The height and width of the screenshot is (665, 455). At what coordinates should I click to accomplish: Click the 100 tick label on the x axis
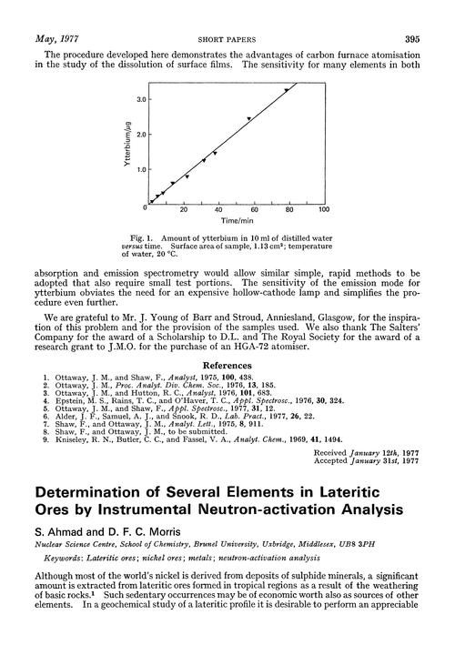coord(325,209)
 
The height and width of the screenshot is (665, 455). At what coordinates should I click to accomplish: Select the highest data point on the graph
coord(287,90)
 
